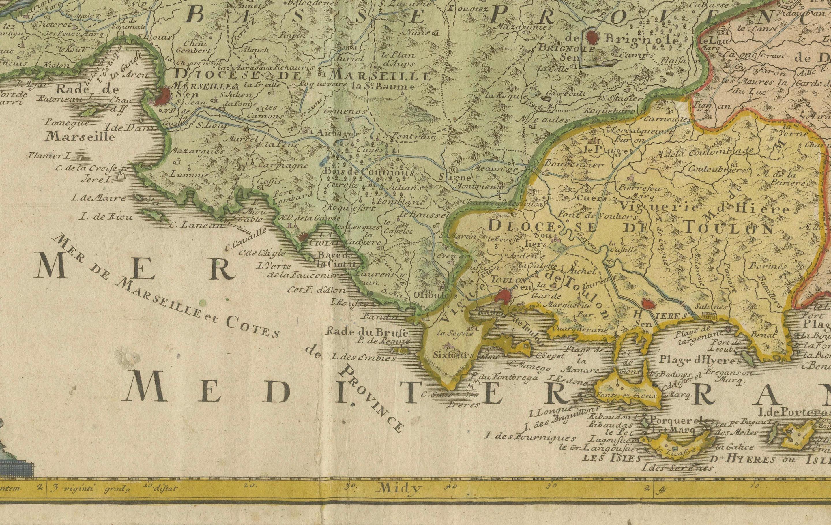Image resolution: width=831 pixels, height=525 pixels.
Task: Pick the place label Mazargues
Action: point(197,151)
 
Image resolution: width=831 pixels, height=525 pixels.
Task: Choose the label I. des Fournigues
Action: point(531,438)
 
